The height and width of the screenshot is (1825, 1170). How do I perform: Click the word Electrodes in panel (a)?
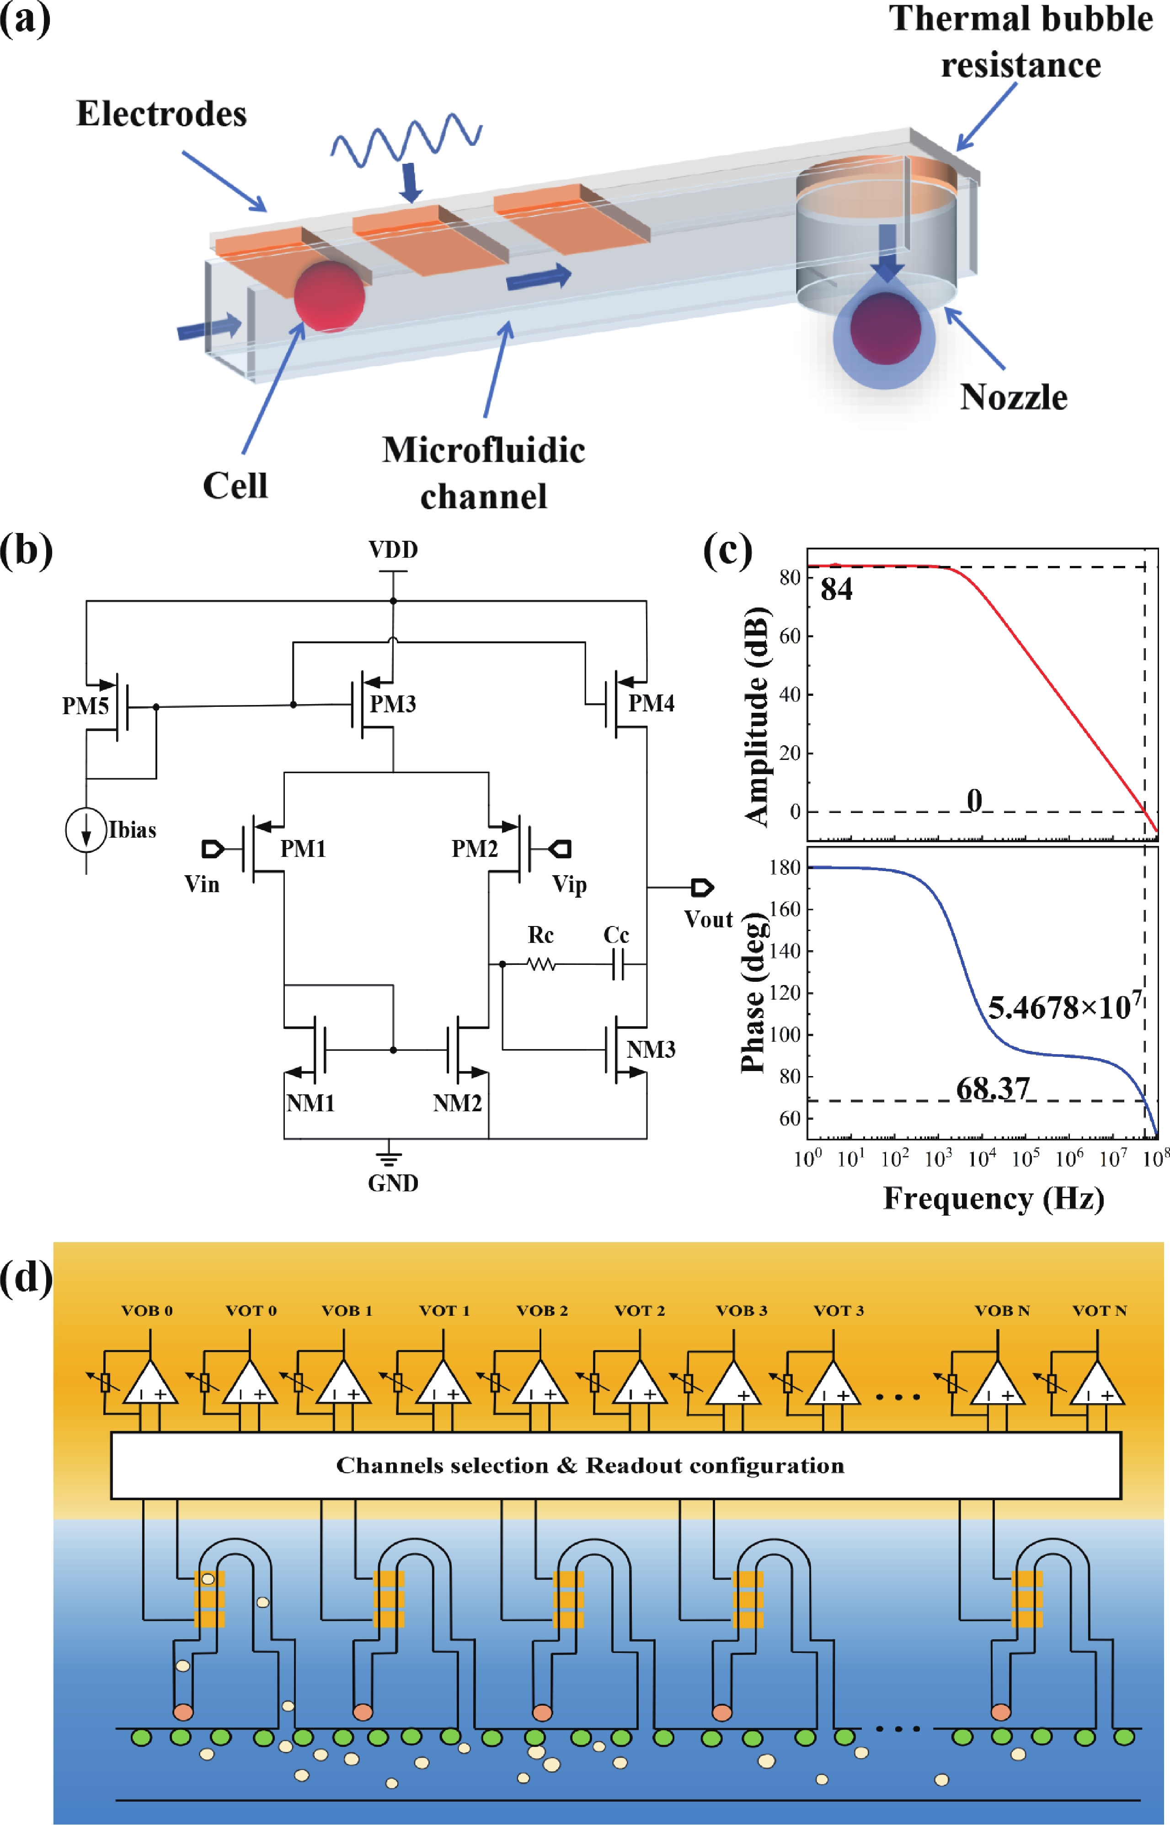(161, 114)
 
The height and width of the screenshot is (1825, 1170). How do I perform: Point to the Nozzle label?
(1014, 398)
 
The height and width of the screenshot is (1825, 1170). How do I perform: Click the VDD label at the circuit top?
(393, 549)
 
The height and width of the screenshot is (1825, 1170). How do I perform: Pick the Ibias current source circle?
(86, 829)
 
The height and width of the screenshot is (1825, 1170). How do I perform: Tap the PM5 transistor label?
(85, 706)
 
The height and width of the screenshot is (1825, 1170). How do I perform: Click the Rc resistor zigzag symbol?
(541, 964)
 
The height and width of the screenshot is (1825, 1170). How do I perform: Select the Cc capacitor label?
(616, 935)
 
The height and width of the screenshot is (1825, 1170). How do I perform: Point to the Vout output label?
(708, 920)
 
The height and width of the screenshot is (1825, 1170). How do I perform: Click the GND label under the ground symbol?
(393, 1184)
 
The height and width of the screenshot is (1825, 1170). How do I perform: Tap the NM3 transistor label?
(651, 1050)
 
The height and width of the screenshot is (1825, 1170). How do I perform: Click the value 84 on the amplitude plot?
(837, 590)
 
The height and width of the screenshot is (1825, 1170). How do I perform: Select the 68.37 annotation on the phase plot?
(993, 1088)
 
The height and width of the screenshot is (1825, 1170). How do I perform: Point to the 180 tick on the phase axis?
(785, 867)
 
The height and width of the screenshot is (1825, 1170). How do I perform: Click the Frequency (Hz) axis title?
(993, 1199)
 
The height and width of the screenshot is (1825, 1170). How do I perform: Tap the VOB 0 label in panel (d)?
(147, 1310)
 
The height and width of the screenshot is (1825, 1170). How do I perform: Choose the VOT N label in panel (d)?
(1099, 1310)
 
